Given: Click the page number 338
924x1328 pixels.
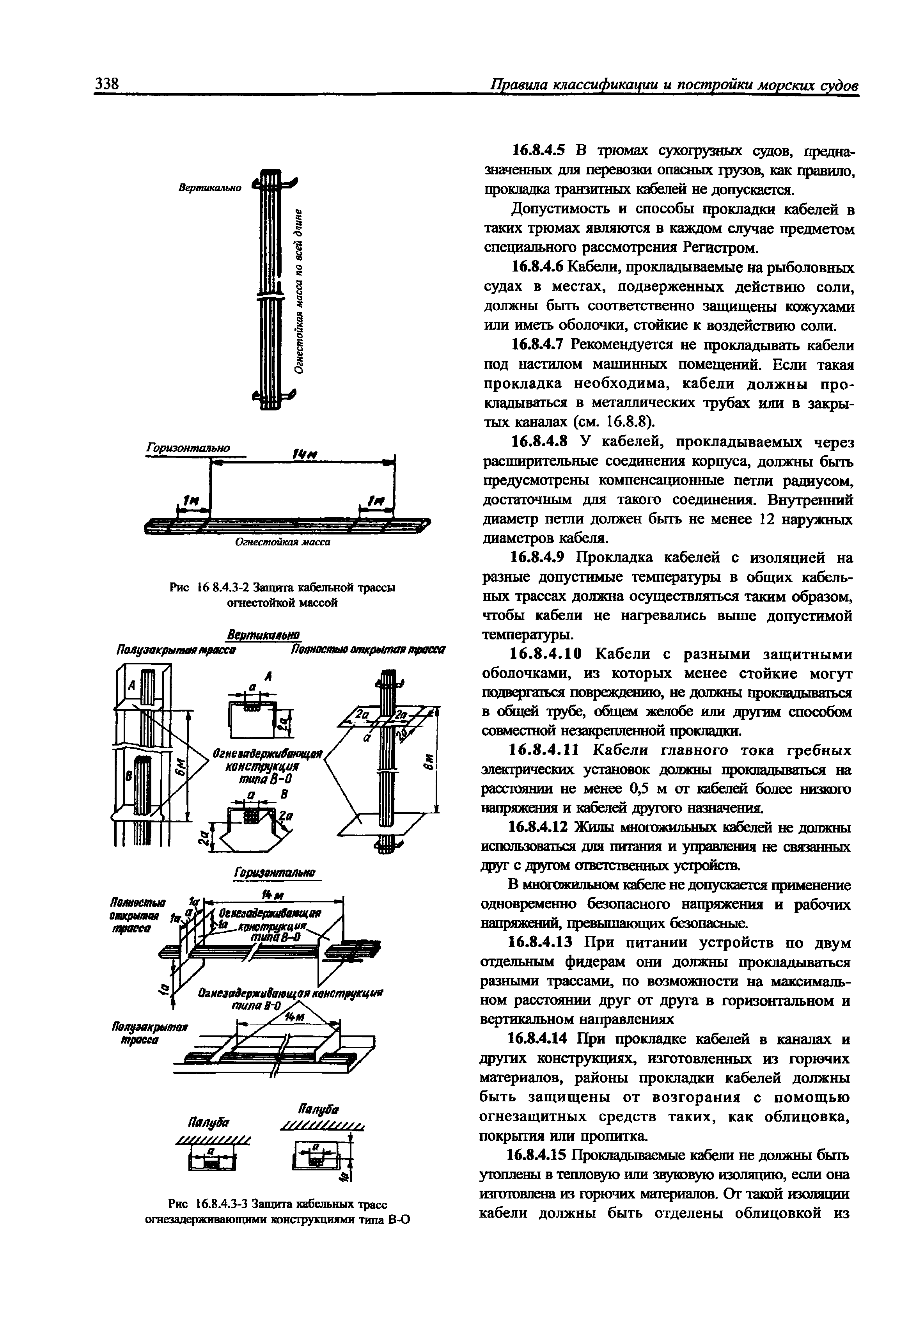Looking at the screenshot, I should click(106, 84).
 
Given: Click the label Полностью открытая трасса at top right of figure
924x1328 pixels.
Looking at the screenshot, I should click(368, 651).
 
